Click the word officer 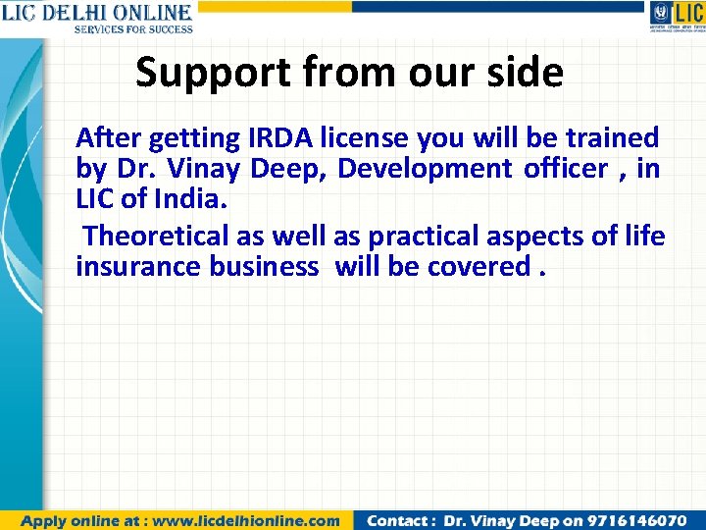567,169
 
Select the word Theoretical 156,236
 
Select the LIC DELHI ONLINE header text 96,13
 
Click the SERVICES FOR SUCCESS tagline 133,29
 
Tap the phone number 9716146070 638,520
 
